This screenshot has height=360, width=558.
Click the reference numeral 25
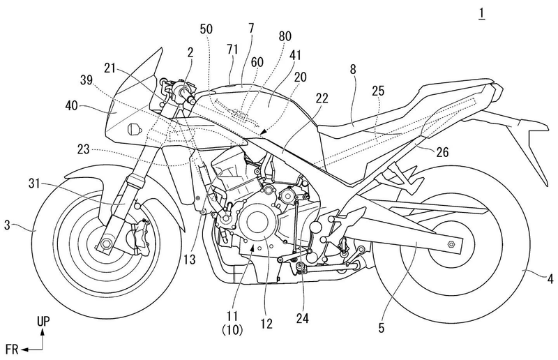[378, 91]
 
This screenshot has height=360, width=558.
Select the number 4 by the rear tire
[550, 280]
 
